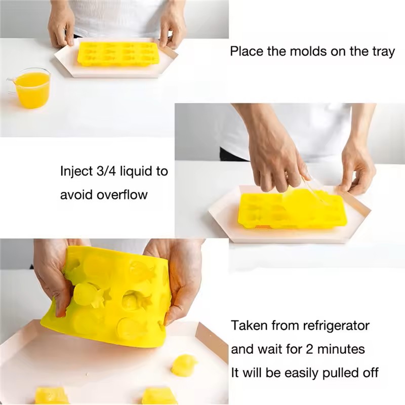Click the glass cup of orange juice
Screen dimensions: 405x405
pos(31,88)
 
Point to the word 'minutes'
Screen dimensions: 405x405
pos(341,349)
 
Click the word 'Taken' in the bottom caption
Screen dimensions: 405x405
pos(249,326)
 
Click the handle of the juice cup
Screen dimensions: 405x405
pos(10,84)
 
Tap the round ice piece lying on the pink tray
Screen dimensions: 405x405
pos(184,365)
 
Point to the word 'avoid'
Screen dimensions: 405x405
pos(76,194)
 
